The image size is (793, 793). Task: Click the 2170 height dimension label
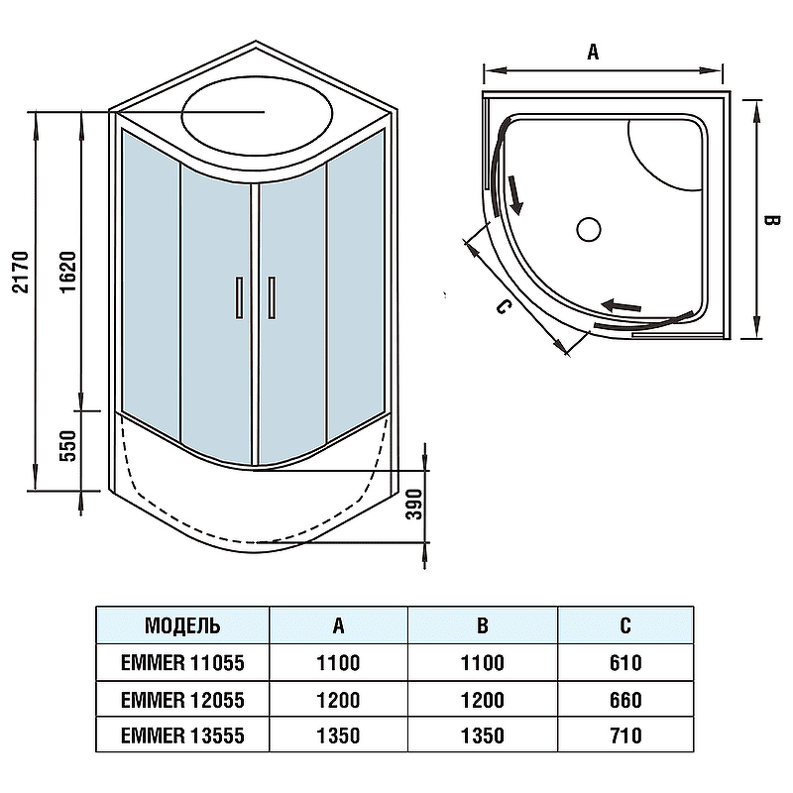tap(21, 272)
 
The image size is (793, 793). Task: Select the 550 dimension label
tap(67, 445)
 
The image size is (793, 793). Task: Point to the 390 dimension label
tap(414, 505)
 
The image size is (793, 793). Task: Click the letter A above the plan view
tap(593, 52)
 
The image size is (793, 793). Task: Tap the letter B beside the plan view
tap(772, 221)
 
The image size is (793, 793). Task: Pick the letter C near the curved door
tap(503, 306)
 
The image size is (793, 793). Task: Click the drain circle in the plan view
tap(588, 230)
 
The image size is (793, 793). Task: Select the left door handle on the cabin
tap(239, 297)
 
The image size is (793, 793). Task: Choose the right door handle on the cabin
tap(272, 297)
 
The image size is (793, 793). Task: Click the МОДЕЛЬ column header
tap(182, 626)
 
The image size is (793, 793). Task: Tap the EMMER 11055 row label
tap(182, 662)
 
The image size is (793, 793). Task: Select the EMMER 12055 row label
tap(182, 700)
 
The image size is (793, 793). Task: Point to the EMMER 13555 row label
tap(182, 736)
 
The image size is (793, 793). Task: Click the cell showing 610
tap(625, 662)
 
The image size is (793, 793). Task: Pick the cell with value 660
tap(625, 700)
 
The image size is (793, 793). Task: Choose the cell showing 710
tap(625, 736)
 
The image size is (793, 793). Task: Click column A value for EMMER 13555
tap(338, 736)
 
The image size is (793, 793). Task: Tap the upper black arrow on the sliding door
tap(514, 194)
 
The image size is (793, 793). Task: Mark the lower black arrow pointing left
tap(622, 306)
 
